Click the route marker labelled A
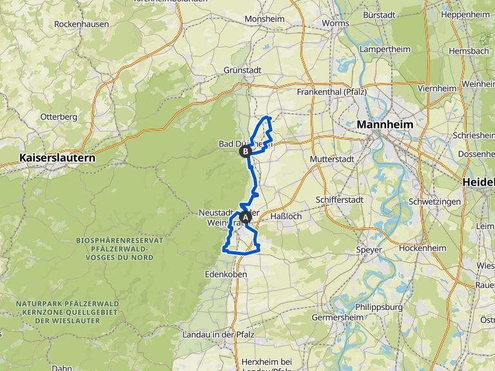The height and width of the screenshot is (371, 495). tap(245, 218)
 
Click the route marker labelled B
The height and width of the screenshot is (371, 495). tap(245, 152)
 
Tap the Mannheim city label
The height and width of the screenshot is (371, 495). tap(384, 124)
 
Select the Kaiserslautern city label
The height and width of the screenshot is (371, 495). tap(57, 157)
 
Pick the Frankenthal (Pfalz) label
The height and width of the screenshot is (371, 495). tap(332, 92)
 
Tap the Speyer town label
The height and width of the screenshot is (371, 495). tap(370, 249)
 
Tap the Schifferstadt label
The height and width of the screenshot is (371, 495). tap(340, 200)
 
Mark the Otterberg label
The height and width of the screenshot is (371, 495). tap(59, 117)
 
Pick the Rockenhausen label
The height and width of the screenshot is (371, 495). tap(82, 24)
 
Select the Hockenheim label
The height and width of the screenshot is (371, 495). tap(423, 248)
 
